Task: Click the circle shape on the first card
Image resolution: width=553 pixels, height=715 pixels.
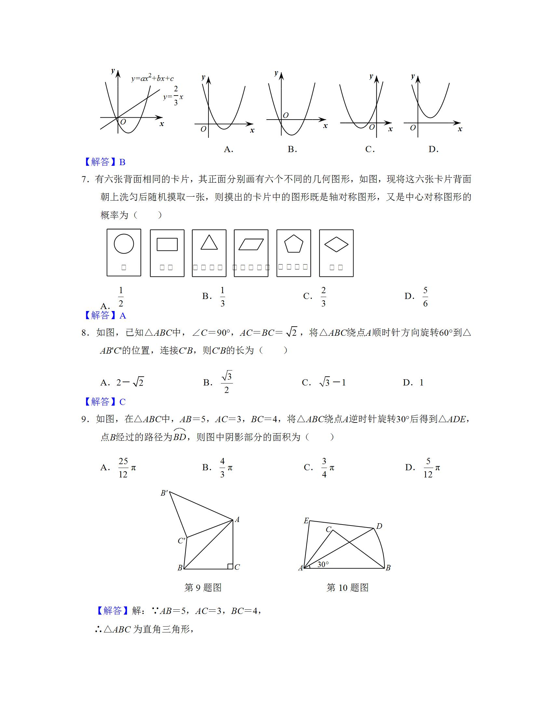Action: (x=124, y=243)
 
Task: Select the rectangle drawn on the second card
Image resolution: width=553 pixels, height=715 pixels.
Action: (x=167, y=244)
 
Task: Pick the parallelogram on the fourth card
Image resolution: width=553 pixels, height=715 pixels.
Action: (x=251, y=244)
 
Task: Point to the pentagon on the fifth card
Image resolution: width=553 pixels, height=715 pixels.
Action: (x=293, y=244)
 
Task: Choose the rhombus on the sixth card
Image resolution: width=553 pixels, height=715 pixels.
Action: (x=336, y=244)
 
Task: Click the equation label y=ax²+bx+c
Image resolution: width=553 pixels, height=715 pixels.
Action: (x=152, y=79)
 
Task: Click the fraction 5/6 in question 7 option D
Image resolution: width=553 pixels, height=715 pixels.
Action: (x=425, y=297)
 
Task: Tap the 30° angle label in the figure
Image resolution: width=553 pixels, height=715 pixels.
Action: (x=323, y=565)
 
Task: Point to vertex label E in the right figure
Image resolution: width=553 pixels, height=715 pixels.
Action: (x=306, y=521)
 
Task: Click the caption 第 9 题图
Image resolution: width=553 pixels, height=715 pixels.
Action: (x=203, y=597)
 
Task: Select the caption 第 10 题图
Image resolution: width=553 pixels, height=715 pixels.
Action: (x=347, y=597)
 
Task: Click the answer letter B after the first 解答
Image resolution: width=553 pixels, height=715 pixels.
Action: (x=123, y=162)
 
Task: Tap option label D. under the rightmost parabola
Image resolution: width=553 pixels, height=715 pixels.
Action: (x=433, y=149)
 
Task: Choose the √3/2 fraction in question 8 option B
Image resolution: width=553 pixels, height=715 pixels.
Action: (x=227, y=382)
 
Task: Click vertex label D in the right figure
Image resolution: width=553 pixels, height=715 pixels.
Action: (x=379, y=526)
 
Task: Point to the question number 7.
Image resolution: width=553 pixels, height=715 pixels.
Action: (x=84, y=179)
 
